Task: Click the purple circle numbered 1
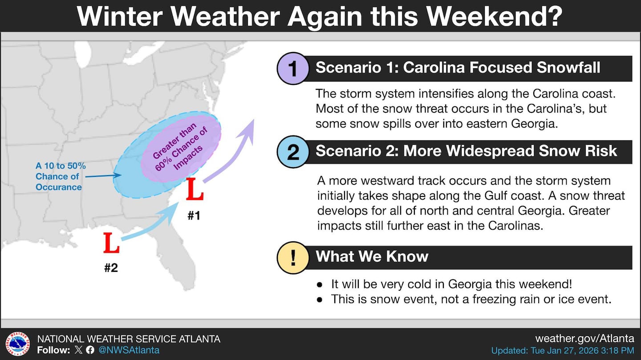tap(293, 68)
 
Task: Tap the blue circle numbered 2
tap(293, 152)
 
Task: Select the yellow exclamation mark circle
tap(293, 257)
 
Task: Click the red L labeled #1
tap(195, 189)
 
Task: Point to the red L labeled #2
tap(111, 243)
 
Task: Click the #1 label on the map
tap(194, 216)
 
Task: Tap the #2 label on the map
tap(111, 268)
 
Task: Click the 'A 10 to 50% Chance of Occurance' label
tap(61, 176)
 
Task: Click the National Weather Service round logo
tap(18, 344)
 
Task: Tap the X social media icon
tap(78, 350)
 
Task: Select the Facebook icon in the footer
tap(90, 350)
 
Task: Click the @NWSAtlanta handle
tap(129, 350)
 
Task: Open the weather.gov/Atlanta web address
tap(584, 339)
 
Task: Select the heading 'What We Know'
tap(372, 256)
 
